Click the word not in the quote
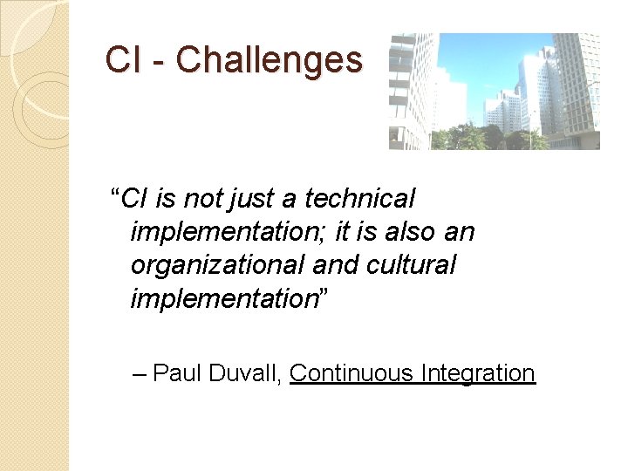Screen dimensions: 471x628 pyautogui.click(x=202, y=199)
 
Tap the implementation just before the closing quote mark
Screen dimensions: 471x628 pyautogui.click(x=222, y=299)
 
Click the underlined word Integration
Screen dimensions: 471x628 pyautogui.click(x=477, y=374)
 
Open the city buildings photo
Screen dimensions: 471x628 pyautogui.click(x=494, y=92)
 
